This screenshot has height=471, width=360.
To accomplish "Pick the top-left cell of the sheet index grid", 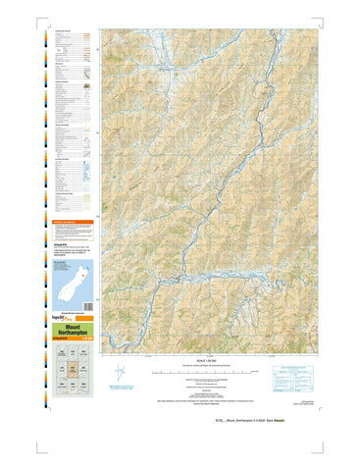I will coord(60,356).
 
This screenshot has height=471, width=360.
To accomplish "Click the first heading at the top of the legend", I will coord(66,32).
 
